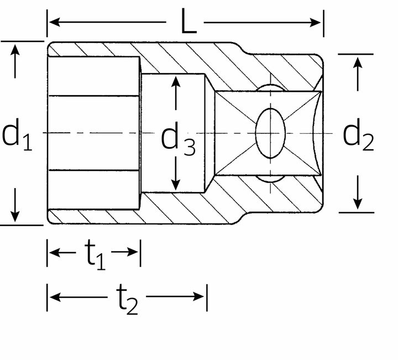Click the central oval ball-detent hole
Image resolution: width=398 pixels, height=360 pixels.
270,133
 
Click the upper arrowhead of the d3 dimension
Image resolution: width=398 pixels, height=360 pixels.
176,81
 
